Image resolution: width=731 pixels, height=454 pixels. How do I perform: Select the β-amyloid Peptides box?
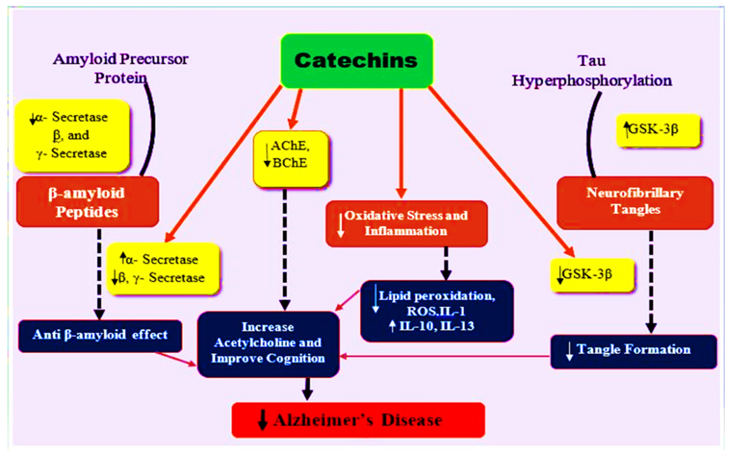pos(88,202)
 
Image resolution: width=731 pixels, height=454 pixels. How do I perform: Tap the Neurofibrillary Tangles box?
pos(635,203)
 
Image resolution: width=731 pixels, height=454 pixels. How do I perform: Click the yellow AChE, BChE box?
pos(291,159)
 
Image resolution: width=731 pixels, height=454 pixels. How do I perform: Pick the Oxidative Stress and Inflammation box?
pos(407,224)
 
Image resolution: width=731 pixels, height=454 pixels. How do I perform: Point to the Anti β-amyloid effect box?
pos(100,336)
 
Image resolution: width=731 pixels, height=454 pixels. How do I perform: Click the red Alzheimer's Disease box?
pos(358,420)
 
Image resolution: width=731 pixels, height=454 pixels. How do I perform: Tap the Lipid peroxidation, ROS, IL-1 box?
pos(437,311)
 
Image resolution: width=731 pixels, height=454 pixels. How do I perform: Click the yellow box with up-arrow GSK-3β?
pos(659,130)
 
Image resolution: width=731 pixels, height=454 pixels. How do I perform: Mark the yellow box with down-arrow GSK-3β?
pos(593,275)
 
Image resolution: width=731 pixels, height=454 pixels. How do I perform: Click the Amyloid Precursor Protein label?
pos(121,68)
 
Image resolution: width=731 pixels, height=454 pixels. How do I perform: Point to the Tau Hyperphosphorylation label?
pos(592,71)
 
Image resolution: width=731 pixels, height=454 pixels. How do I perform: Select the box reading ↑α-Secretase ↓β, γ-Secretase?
pos(163,269)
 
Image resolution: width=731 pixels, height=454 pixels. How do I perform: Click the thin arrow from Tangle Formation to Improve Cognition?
pos(445,356)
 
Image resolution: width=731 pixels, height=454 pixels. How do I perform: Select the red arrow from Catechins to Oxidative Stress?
pos(401,144)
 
